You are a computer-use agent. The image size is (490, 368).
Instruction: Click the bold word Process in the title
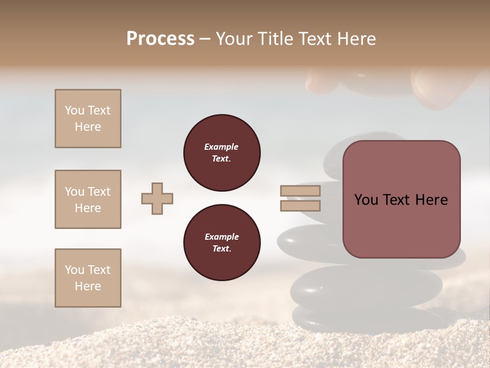point(160,39)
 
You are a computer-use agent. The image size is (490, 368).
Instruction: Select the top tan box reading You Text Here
point(88,119)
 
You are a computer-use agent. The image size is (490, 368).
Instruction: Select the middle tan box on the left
point(88,199)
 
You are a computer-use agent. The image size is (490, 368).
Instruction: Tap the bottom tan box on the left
point(88,278)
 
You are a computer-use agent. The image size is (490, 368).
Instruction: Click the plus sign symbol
point(157,198)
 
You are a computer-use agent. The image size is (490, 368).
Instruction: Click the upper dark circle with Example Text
point(222,153)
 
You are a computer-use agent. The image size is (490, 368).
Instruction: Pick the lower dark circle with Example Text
point(222,243)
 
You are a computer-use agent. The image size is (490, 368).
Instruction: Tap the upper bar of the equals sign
point(300,191)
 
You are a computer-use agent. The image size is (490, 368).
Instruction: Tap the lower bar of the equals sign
point(300,205)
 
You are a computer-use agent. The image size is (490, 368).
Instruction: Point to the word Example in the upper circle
point(221,147)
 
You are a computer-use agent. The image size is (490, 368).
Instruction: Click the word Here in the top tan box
point(88,127)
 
